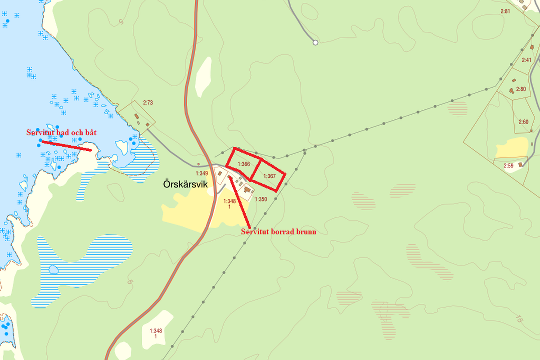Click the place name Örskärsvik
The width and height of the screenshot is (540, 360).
tap(186, 184)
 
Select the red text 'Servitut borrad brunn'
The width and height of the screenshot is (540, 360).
tap(278, 232)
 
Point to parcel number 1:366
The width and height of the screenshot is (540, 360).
tap(243, 164)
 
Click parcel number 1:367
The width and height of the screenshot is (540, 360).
tap(269, 176)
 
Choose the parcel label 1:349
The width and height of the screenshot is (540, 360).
tap(202, 173)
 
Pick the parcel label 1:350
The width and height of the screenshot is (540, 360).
tap(261, 199)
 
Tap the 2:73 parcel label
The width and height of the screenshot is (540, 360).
tap(148, 103)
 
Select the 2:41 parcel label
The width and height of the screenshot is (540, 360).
tap(526, 60)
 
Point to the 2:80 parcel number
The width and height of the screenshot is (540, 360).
tap(521, 89)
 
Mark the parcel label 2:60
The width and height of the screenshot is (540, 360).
tap(523, 122)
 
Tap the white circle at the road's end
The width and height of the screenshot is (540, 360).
tap(315, 42)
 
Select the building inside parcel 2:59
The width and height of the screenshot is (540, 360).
tap(521, 164)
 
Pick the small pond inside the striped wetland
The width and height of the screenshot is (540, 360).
tap(53, 270)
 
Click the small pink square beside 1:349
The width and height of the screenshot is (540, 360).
tap(198, 164)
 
